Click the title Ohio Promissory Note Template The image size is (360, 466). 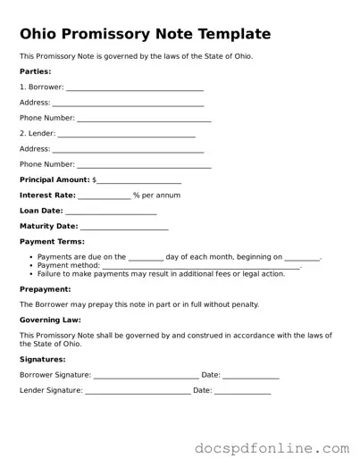click(145, 35)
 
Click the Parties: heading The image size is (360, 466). click(36, 71)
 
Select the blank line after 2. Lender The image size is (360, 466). click(126, 135)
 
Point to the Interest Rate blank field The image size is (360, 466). click(105, 196)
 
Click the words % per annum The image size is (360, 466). click(156, 196)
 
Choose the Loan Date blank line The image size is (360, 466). click(112, 212)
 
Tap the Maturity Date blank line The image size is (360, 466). click(124, 228)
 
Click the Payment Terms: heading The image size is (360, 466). click(53, 242)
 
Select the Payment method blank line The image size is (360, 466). click(201, 266)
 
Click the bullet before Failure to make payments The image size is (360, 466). click(30, 274)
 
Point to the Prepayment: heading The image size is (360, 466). click(46, 289)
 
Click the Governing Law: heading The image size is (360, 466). click(51, 320)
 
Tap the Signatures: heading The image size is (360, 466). click(41, 359)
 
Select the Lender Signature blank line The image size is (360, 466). click(137, 392)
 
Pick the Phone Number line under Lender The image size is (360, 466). click(144, 166)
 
